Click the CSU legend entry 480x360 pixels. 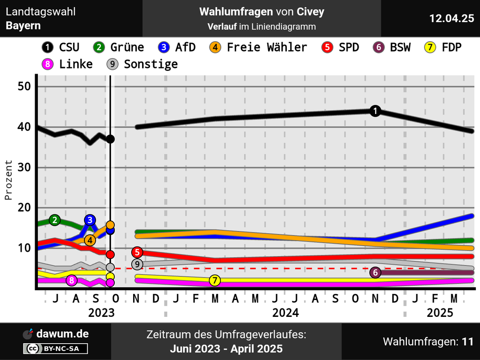coord(60,47)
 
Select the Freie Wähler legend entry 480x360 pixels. coord(259,47)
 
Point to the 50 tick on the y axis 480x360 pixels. coord(24,87)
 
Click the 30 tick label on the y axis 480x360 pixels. coord(24,167)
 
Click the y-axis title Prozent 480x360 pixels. coord(9,180)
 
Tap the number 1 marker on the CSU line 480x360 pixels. coord(375,111)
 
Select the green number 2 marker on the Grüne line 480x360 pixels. coord(55,220)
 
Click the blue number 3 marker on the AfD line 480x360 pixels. coord(90,220)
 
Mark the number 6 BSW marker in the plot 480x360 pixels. coord(375,272)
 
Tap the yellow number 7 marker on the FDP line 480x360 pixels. coord(215,280)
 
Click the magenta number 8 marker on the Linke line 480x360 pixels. coord(71,280)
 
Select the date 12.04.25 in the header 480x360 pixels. coord(452,18)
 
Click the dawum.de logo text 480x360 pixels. coord(62,334)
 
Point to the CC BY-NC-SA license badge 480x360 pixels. coord(56,348)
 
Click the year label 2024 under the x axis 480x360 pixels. coord(285,313)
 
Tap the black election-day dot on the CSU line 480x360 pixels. coord(110,139)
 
